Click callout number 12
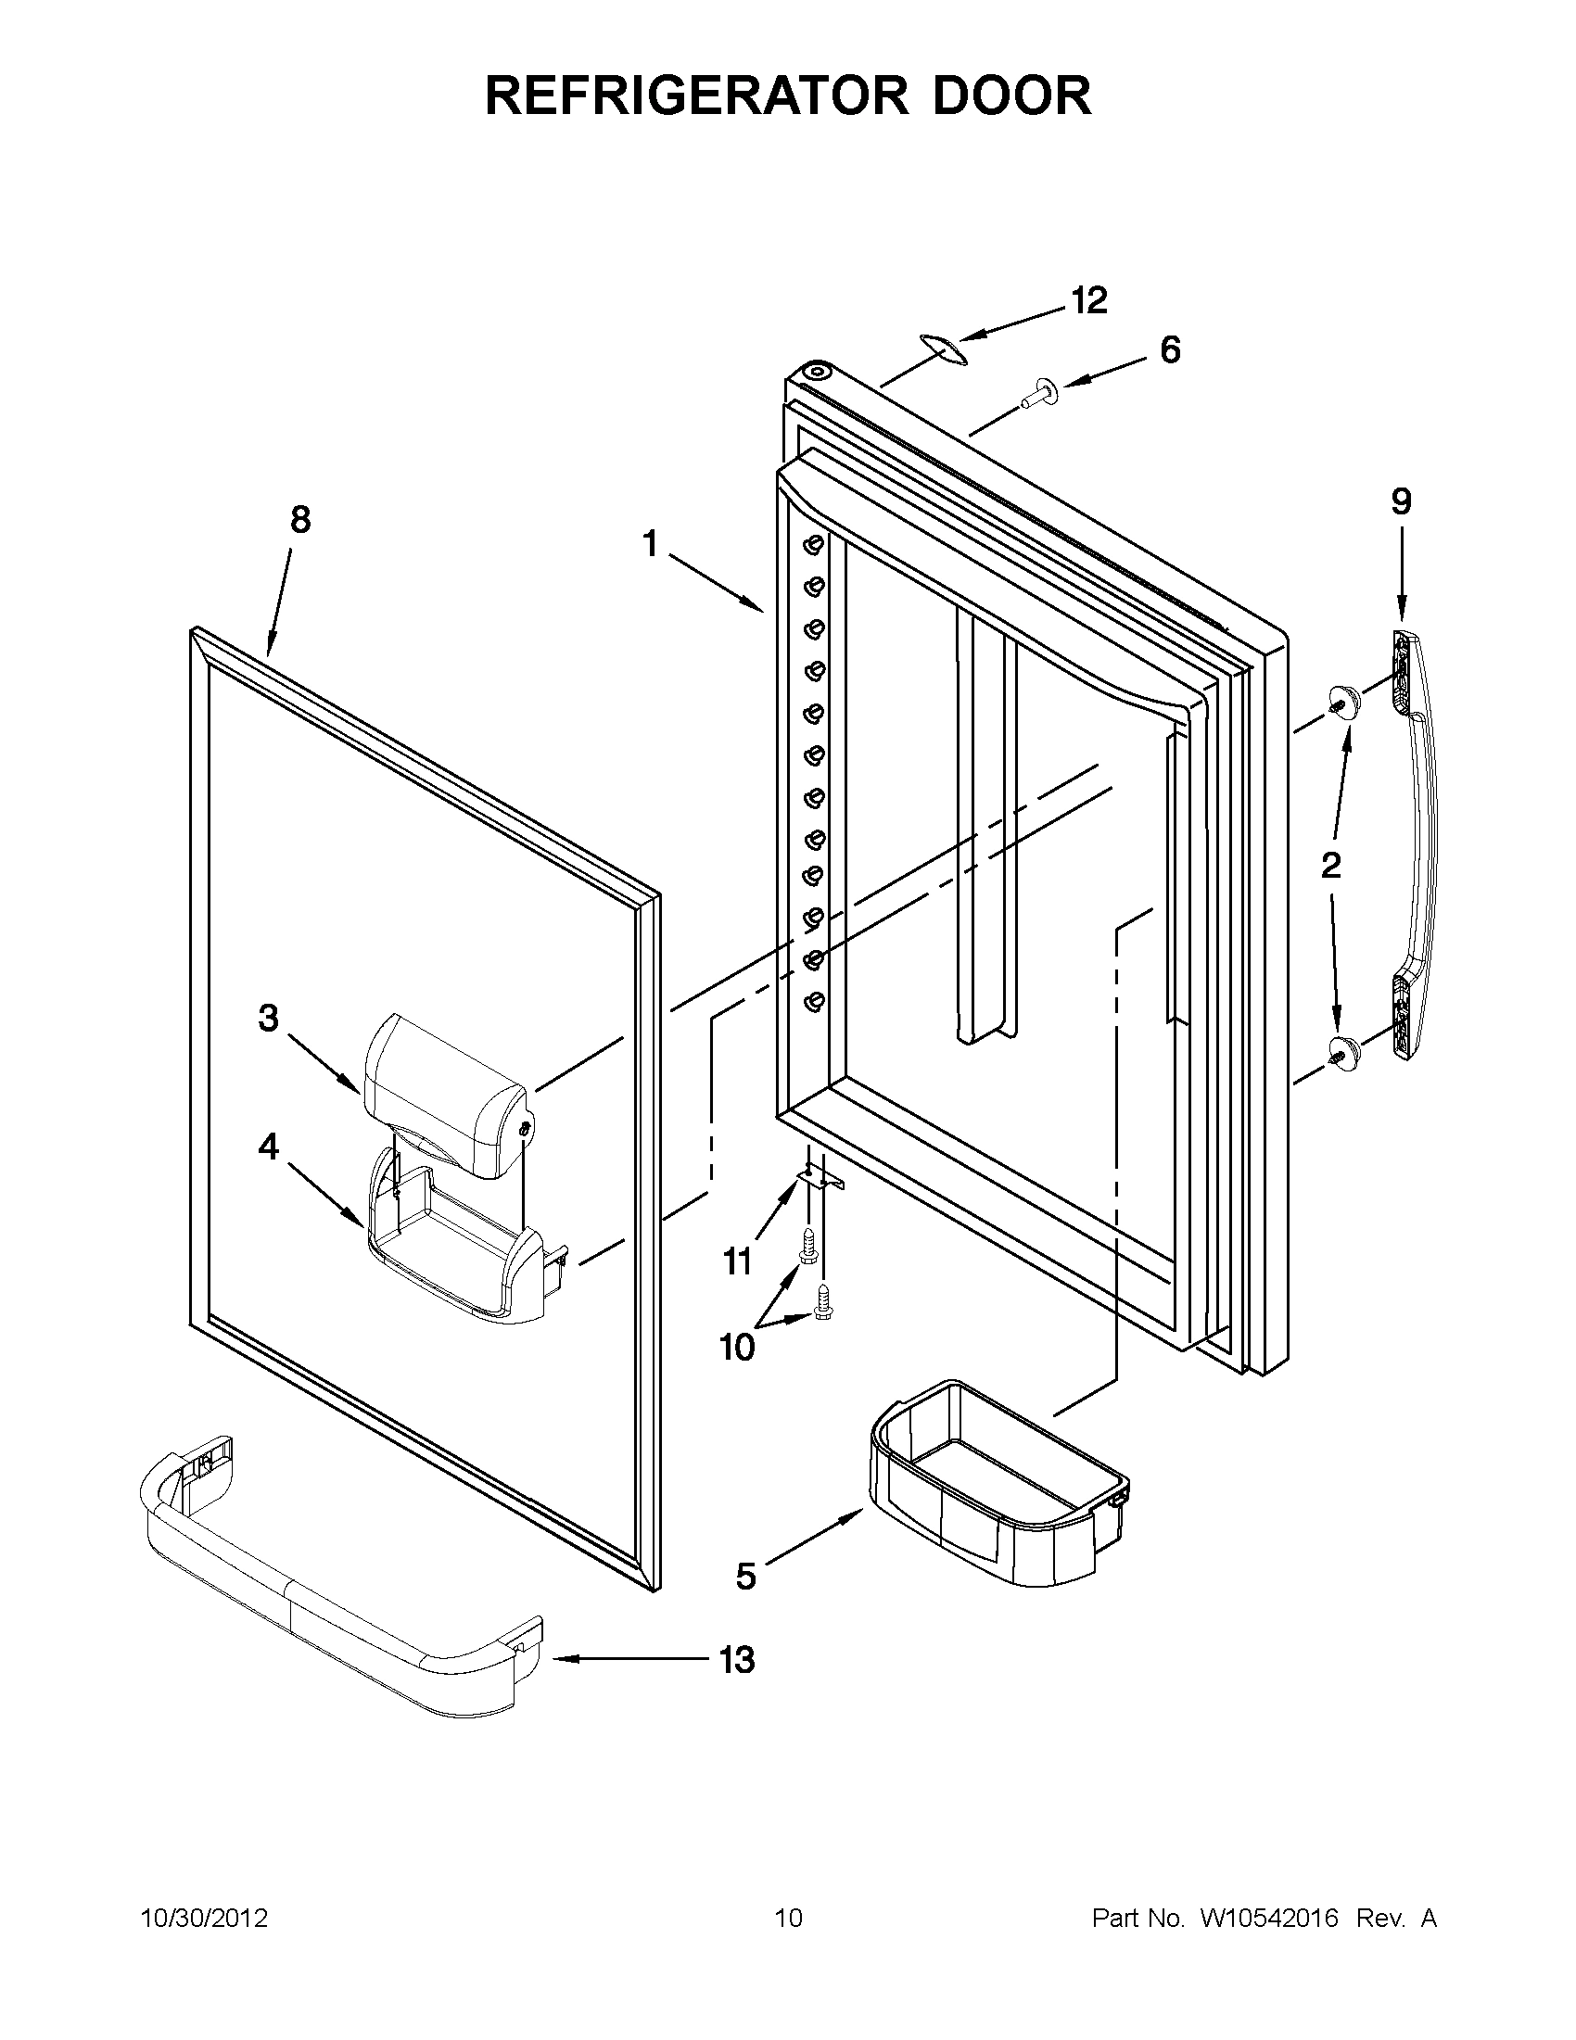point(1088,301)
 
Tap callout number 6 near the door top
point(1170,349)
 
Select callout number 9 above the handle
point(1401,502)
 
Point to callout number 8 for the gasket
point(299,520)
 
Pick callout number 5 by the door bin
point(745,1577)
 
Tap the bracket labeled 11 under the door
point(820,1180)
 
